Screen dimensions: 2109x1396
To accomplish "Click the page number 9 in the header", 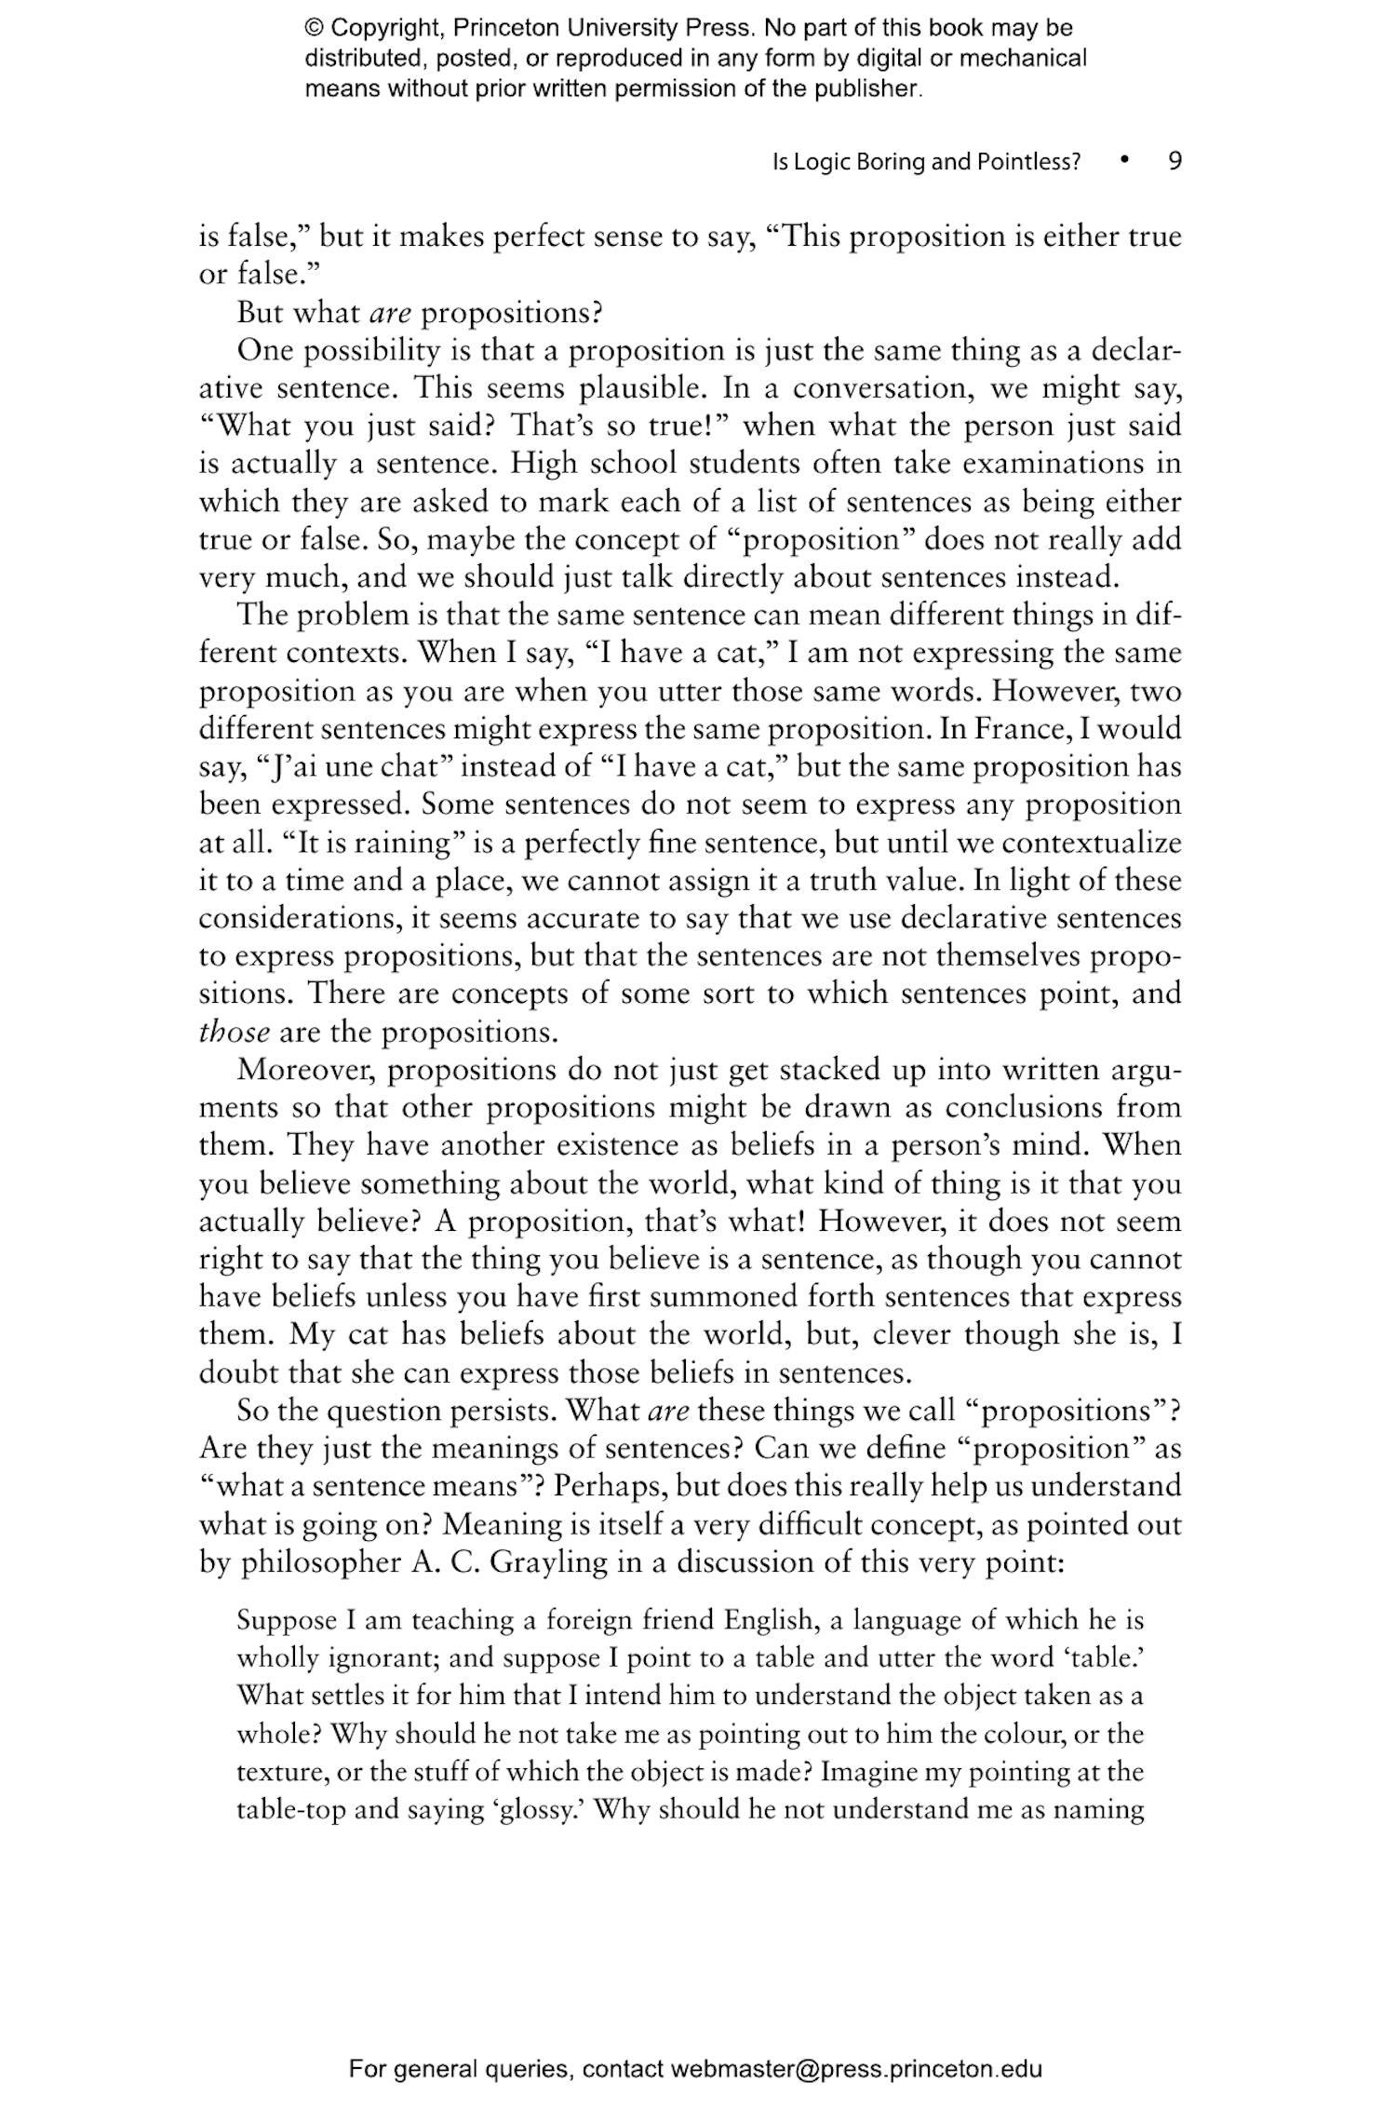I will [x=1175, y=161].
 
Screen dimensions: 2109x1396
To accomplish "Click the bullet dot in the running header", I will [x=1125, y=160].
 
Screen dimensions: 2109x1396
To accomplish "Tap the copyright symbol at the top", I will [x=315, y=28].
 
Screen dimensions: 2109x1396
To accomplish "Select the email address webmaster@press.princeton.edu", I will [x=856, y=2069].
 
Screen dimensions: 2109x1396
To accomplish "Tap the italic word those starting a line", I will [x=235, y=1033].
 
